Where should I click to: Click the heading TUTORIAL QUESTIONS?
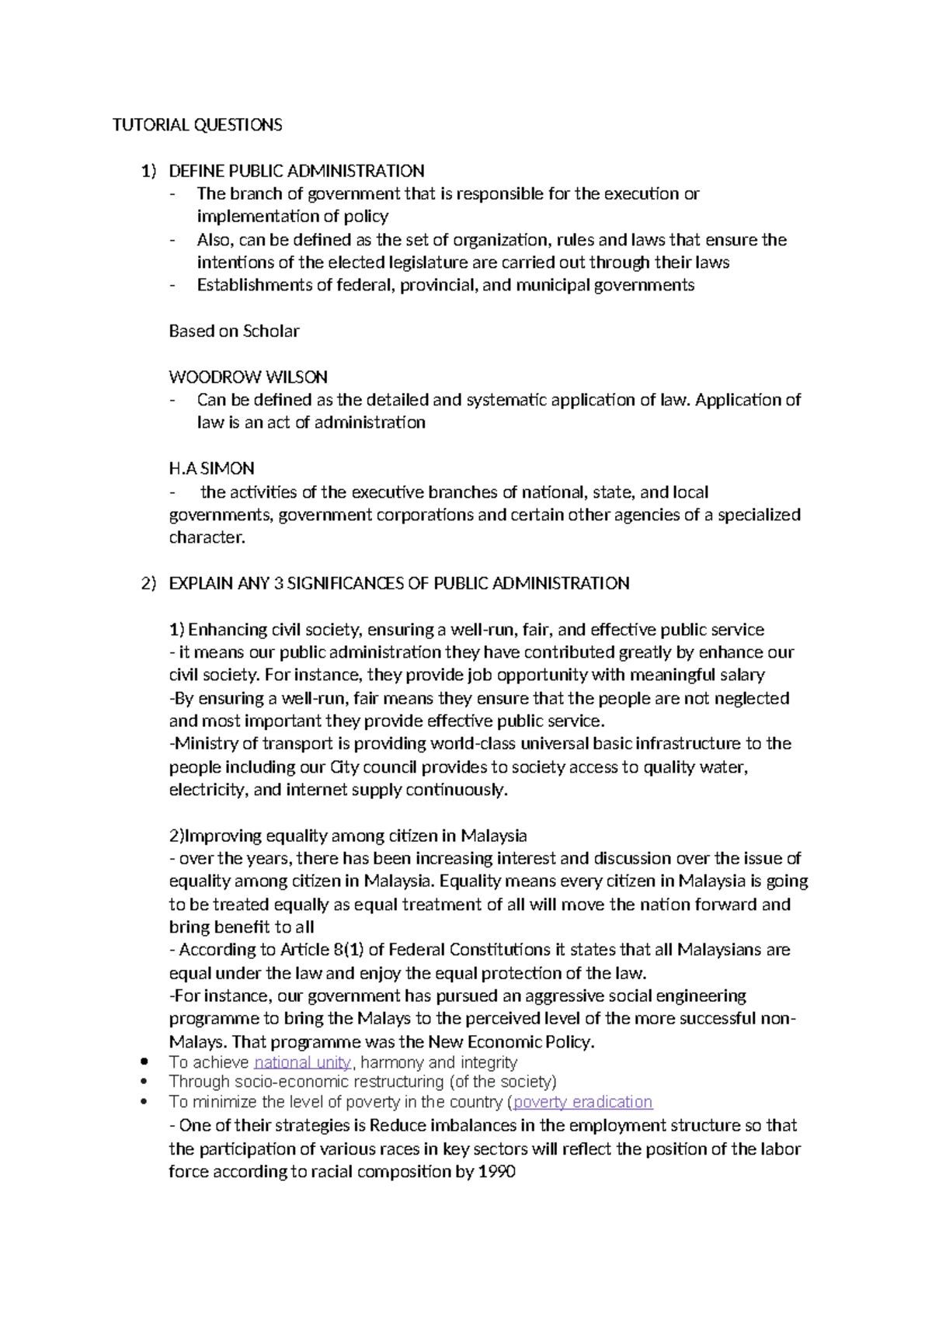pos(197,125)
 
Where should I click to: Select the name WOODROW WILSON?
pos(248,377)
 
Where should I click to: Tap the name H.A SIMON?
pos(211,468)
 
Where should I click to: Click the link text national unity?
pos(302,1062)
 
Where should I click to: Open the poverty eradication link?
pos(582,1102)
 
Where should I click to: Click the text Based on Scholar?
pos(234,332)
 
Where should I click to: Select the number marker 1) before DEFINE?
pos(148,171)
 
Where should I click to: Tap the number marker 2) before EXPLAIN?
pos(148,583)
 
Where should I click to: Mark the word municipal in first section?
pos(552,285)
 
